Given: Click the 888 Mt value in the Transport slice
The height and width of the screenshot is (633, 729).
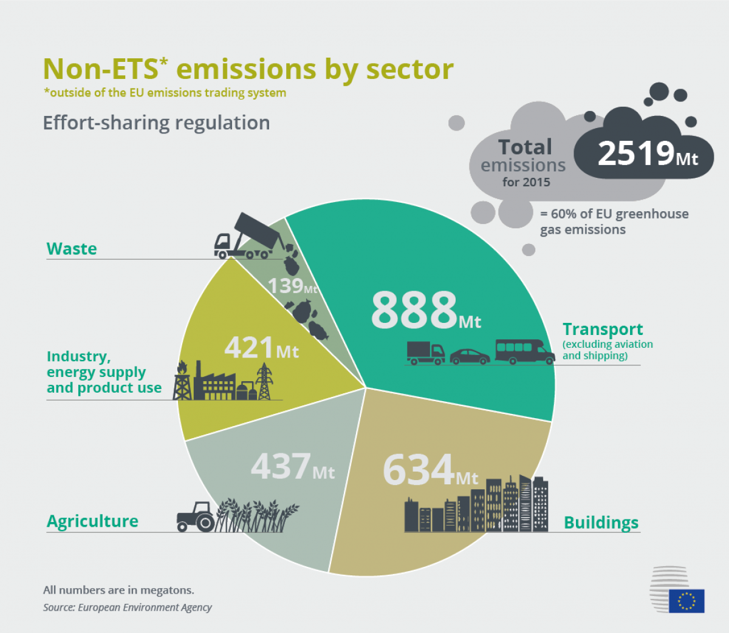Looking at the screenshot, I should pyautogui.click(x=425, y=310).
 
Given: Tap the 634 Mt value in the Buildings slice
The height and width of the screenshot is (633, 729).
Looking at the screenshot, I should pyautogui.click(x=430, y=470).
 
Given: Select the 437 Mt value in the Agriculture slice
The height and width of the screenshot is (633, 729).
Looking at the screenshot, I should pyautogui.click(x=292, y=467).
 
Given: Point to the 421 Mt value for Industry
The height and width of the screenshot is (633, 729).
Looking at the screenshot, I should pyautogui.click(x=261, y=348).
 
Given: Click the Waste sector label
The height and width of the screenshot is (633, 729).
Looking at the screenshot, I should pyautogui.click(x=72, y=249).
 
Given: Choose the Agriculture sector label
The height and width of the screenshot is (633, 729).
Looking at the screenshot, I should pyautogui.click(x=92, y=521).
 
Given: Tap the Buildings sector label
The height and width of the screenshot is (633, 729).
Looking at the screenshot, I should pyautogui.click(x=601, y=523).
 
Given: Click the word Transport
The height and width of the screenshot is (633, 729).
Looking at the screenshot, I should pyautogui.click(x=602, y=330).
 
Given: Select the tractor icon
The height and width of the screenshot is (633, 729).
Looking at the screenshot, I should pyautogui.click(x=195, y=516).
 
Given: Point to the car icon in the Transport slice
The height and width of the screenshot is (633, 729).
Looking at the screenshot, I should pyautogui.click(x=469, y=356).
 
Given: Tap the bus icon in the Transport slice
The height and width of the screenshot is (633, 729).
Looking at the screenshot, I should pyautogui.click(x=524, y=351).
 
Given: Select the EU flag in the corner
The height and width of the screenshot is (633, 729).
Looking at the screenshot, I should pyautogui.click(x=686, y=601).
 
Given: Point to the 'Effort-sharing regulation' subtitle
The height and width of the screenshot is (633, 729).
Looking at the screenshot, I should pyautogui.click(x=156, y=123).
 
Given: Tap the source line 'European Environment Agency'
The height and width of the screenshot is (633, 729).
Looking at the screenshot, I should pyautogui.click(x=145, y=608).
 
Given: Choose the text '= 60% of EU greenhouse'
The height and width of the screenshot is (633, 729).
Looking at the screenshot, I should pyautogui.click(x=614, y=214).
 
